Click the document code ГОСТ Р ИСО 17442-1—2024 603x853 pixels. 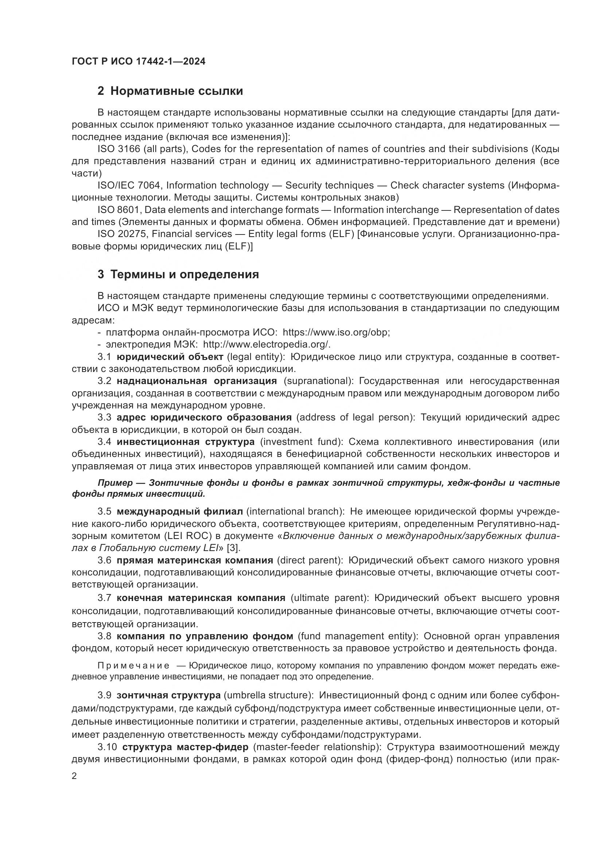pos(138,61)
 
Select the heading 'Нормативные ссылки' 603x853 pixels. pos(176,91)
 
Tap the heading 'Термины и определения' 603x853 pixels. pos(184,275)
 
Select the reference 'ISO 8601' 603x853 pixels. pos(118,210)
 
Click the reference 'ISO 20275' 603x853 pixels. pos(121,234)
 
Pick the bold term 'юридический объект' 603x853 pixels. pos(170,357)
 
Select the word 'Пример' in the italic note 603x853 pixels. pos(115,483)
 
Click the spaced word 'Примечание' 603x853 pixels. pos(133,666)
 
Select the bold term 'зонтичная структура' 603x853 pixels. pos(168,695)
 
